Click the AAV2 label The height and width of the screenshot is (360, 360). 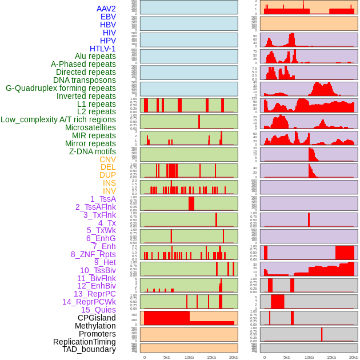click(106, 9)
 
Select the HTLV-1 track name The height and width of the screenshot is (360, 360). click(102, 49)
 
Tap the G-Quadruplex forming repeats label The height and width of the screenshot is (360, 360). click(61, 88)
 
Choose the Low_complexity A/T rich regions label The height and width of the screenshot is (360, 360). click(58, 119)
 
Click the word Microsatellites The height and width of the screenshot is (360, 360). click(90, 127)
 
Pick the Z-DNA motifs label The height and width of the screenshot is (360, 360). click(92, 151)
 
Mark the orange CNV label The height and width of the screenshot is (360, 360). click(107, 159)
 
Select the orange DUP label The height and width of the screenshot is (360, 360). click(107, 175)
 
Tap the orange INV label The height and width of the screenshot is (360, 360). click(109, 191)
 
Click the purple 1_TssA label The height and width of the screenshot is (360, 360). click(103, 199)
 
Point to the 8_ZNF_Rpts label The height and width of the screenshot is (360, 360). click(93, 254)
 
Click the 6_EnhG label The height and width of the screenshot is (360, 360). click(101, 238)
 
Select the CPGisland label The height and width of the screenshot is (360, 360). click(97, 318)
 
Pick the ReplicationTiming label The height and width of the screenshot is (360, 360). click(84, 342)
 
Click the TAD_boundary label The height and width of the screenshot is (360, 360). click(89, 349)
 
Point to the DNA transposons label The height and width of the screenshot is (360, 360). click(85, 80)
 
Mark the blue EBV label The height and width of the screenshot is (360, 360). click(108, 17)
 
